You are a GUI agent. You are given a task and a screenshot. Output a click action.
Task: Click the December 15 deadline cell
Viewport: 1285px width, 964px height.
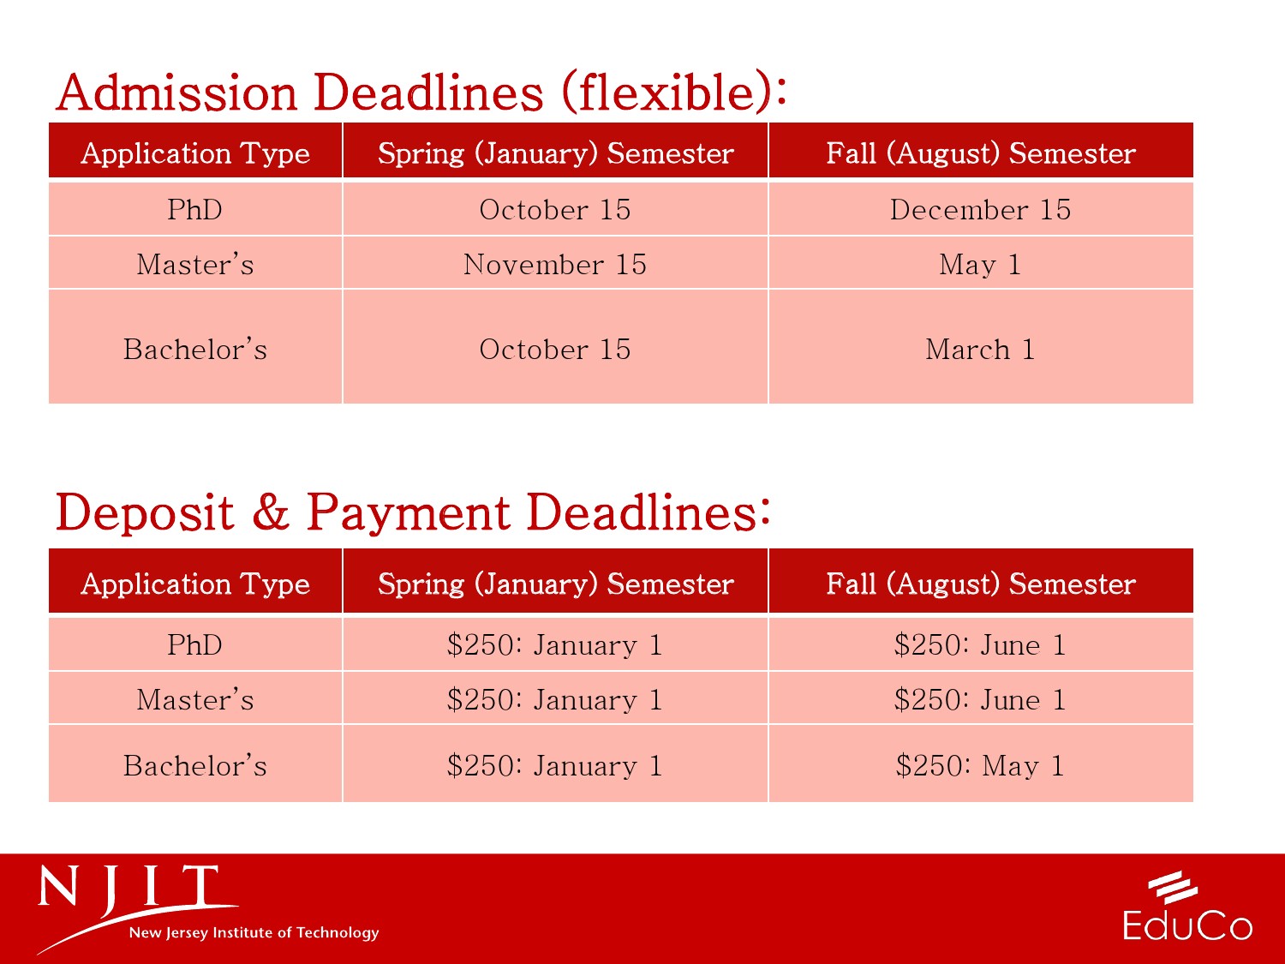tap(981, 210)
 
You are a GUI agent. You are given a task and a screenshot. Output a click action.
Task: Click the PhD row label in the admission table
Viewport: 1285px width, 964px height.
tap(195, 210)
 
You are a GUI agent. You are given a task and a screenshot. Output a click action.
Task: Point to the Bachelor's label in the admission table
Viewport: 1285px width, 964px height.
tap(195, 350)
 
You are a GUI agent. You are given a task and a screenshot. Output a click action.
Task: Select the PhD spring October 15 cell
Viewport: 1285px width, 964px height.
tap(555, 210)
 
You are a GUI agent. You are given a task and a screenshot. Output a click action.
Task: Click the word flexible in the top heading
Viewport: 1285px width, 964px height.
tap(666, 92)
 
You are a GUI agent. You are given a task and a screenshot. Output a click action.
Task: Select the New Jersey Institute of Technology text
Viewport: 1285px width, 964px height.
tap(254, 932)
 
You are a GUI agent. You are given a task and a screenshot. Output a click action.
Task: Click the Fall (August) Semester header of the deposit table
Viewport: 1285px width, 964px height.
tap(981, 584)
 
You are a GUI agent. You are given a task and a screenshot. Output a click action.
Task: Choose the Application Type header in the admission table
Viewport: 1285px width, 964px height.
tap(195, 153)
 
